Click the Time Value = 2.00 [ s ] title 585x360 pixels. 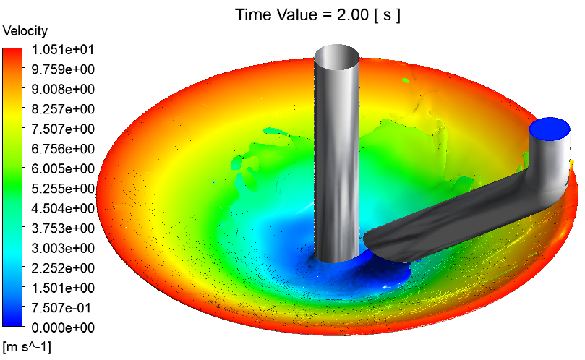pos(318,15)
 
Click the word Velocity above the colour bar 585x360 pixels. pos(25,31)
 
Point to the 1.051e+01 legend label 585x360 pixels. pos(63,49)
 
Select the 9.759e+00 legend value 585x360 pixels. pos(63,69)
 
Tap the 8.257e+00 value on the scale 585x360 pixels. pos(63,109)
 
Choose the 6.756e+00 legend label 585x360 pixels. pos(63,148)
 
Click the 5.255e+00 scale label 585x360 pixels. pos(63,189)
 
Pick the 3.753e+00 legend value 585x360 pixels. pos(63,228)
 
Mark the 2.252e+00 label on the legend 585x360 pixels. pos(63,268)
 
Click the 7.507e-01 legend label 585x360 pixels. pos(61,308)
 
